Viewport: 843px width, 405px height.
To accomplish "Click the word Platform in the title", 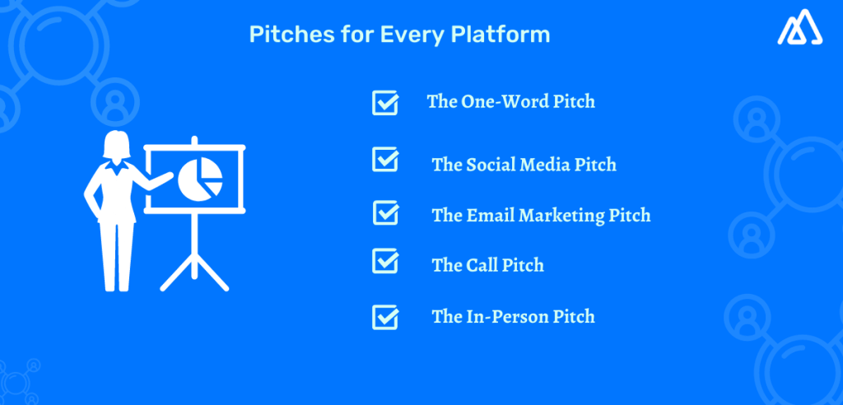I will click(x=510, y=35).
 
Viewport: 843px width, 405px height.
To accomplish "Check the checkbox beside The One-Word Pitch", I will click(x=385, y=103).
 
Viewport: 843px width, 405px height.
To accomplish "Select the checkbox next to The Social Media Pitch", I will click(x=385, y=159).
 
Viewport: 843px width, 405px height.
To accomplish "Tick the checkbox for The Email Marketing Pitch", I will click(x=385, y=212).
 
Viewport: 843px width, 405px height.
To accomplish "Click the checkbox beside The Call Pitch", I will click(x=385, y=261).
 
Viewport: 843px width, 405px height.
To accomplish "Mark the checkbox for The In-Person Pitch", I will click(x=385, y=316).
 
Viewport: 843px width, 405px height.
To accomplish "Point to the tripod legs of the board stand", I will click(x=194, y=263).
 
